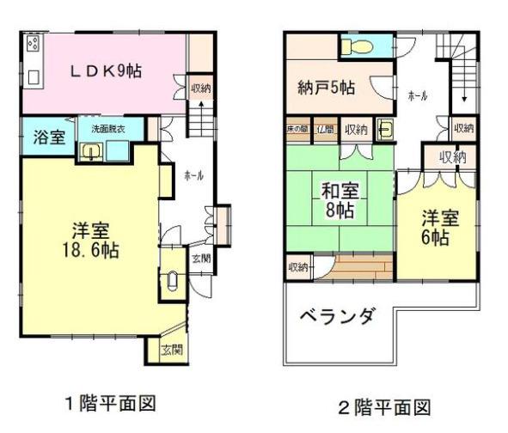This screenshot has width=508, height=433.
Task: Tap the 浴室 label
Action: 46,137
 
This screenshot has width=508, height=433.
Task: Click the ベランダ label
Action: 336,317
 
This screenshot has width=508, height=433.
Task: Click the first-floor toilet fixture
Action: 172,281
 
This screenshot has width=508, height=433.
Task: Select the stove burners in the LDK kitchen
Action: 33,43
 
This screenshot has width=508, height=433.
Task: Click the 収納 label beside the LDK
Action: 200,88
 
